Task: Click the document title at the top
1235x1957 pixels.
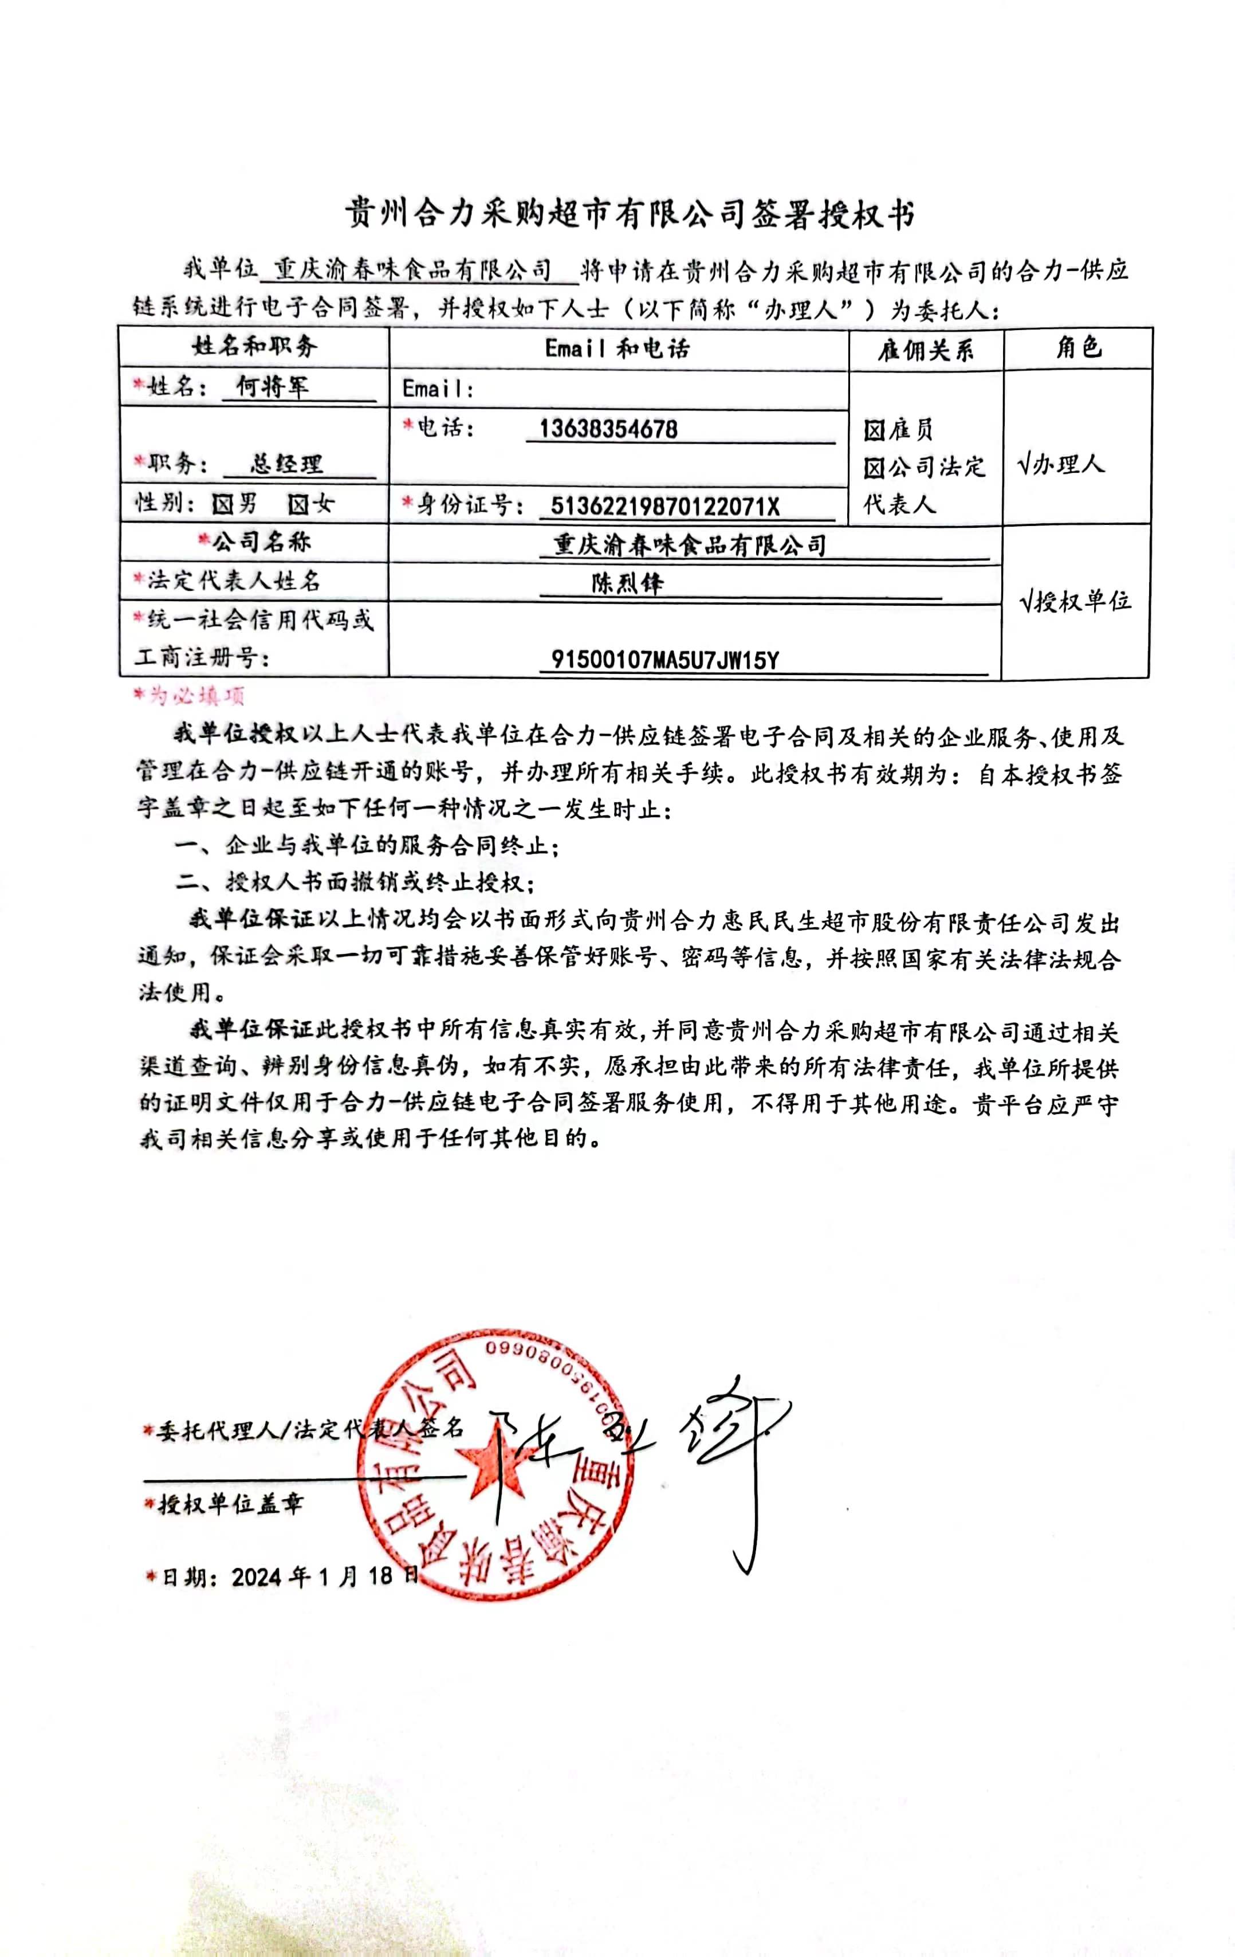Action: click(x=630, y=214)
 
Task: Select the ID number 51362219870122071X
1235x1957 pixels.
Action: click(x=664, y=507)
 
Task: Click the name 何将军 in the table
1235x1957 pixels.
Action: click(x=272, y=386)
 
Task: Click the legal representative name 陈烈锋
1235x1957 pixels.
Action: click(x=627, y=583)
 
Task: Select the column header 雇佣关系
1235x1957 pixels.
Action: click(x=926, y=350)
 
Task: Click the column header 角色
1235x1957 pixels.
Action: click(x=1078, y=348)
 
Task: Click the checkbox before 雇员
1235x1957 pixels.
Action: click(x=874, y=430)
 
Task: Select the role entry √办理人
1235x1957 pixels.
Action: click(x=1060, y=464)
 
